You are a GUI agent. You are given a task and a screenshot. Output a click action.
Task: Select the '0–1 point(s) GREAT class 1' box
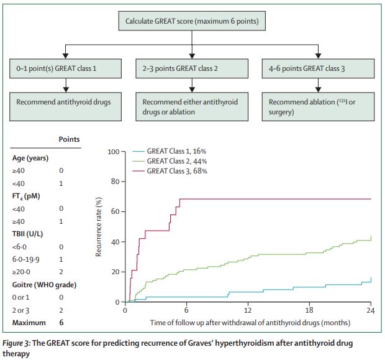coord(67,67)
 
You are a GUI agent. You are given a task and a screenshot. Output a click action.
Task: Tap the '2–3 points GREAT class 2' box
coord(192,67)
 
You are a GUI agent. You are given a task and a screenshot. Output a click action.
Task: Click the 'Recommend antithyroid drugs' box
coord(67,106)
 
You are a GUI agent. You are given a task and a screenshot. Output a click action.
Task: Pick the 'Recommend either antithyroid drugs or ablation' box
coord(192,106)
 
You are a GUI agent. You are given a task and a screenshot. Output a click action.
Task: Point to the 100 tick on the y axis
coord(113,152)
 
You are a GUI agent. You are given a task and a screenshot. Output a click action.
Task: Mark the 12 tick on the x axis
coord(248,311)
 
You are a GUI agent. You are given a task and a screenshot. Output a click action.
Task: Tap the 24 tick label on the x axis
coord(371,311)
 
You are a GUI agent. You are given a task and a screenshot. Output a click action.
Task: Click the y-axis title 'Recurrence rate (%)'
coord(100,228)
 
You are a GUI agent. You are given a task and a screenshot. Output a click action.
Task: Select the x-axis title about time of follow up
coord(250,323)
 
